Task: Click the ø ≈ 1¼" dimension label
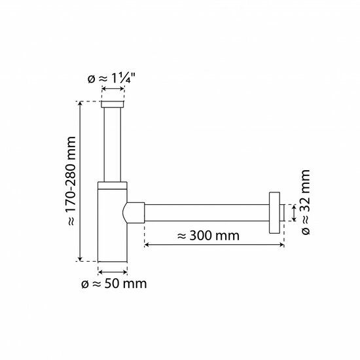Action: coord(111,79)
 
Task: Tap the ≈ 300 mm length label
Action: coord(208,236)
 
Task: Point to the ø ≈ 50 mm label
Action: coord(114,284)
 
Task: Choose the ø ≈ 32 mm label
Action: coord(306,202)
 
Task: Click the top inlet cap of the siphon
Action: coord(113,104)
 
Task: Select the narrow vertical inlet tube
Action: coord(113,145)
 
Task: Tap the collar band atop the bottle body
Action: coord(113,185)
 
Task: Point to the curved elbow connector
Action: coord(134,213)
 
